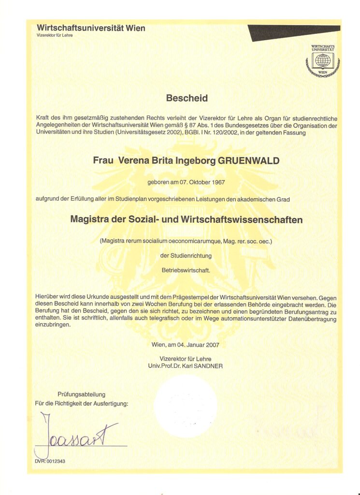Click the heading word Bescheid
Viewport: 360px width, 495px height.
[x=187, y=99]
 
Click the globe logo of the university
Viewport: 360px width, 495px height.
[x=323, y=61]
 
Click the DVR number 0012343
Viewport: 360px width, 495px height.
[x=54, y=461]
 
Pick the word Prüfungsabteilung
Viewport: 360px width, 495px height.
[x=81, y=394]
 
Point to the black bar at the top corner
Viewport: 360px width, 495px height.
[x=295, y=32]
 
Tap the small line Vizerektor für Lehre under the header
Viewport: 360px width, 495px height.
[x=55, y=36]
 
